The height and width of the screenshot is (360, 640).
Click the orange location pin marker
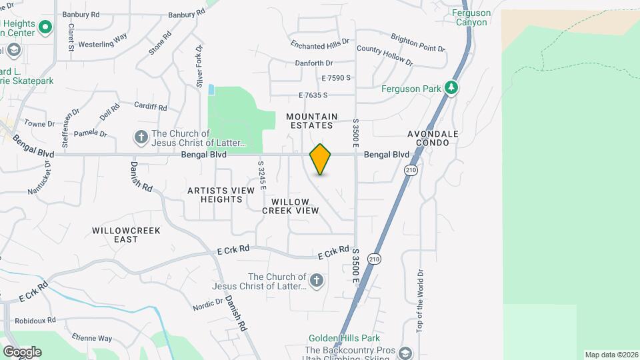coord(321,159)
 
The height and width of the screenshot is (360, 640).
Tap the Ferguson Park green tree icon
coord(451,88)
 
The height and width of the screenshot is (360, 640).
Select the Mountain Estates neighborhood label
coord(309,121)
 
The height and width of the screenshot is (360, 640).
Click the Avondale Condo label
coord(433,138)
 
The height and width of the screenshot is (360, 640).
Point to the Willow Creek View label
coord(290,206)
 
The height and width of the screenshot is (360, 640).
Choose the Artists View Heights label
coord(221,195)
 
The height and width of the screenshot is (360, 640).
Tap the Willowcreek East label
coord(116,235)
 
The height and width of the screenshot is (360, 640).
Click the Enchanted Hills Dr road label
coord(320,45)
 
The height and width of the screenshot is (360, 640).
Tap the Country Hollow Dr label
coord(385,55)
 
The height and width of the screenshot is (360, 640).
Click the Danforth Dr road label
coord(313,63)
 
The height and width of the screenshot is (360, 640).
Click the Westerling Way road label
coord(103,41)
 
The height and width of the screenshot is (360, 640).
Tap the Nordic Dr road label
coord(208,305)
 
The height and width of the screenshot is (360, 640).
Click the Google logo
coord(22,351)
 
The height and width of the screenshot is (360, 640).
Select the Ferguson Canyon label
coord(471,17)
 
